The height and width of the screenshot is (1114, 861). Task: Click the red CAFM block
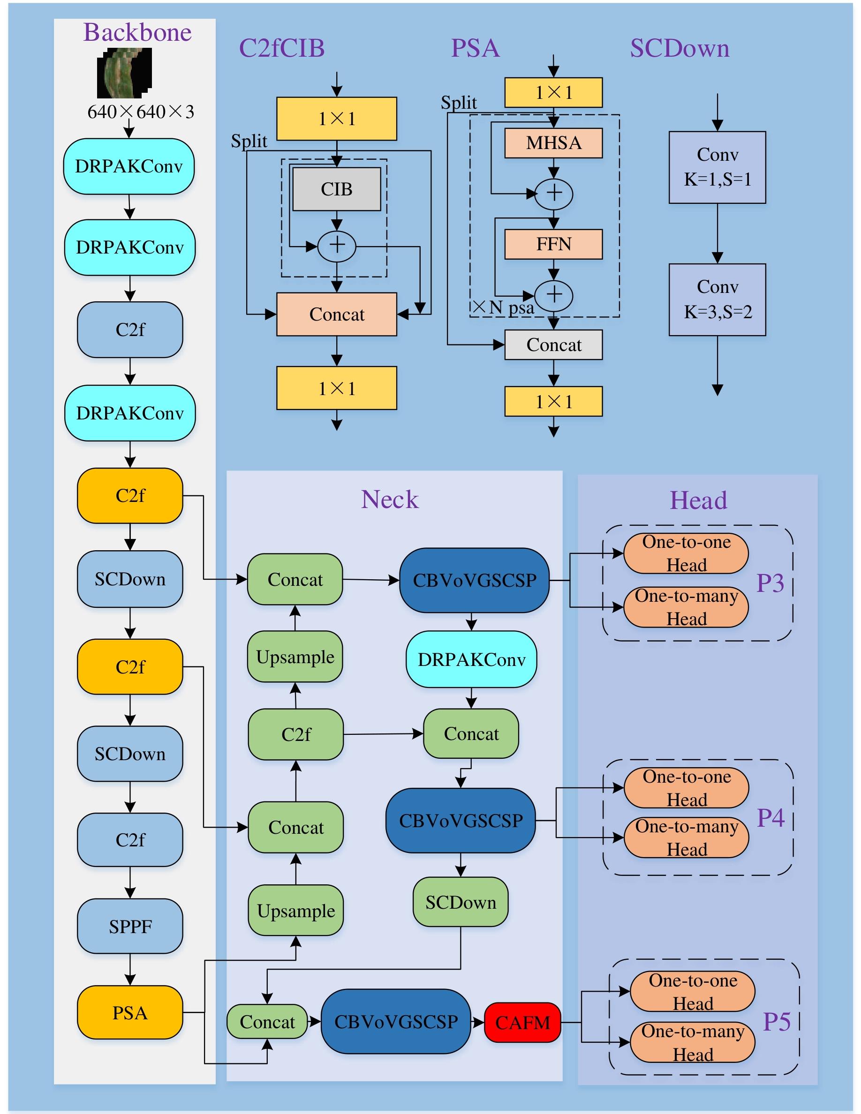coord(522,1022)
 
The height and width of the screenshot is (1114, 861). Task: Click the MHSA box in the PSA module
coord(553,143)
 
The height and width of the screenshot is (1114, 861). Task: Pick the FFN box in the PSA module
coord(553,244)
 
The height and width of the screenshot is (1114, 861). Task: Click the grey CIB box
coord(336,189)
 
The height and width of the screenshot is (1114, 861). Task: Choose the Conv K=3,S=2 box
coord(717,299)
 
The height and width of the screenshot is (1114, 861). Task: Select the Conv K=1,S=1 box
coord(717,167)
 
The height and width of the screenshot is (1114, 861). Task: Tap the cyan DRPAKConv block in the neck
coord(471,659)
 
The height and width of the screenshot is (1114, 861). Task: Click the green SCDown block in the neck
coord(461,902)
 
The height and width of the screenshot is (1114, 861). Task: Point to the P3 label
coord(770,583)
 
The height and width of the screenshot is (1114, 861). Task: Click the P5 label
coord(776,1022)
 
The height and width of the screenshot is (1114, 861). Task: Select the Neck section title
coord(389,500)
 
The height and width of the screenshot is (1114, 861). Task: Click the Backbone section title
coord(137,33)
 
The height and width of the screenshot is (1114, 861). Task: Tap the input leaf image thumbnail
coord(124,73)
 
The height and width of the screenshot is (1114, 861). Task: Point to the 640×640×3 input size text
coord(140,112)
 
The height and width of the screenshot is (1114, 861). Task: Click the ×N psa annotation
coord(503,307)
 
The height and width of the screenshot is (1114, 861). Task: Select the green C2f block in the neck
coord(295,734)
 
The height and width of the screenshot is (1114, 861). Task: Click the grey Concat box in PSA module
coord(553,345)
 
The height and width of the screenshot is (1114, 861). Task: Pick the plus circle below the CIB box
coord(336,246)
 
